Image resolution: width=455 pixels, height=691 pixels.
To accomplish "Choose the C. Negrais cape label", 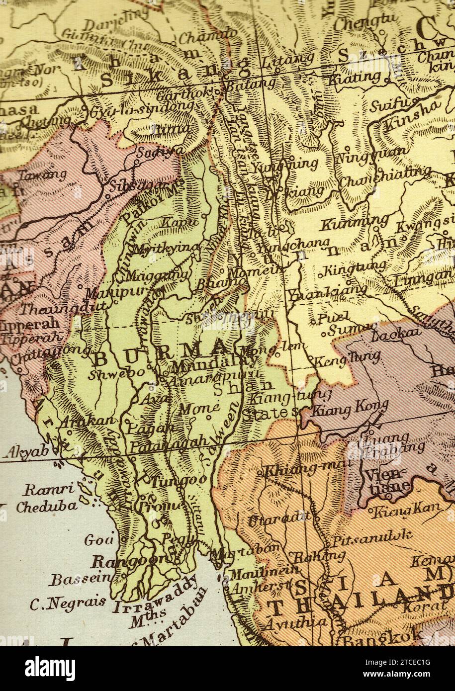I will pos(68,603).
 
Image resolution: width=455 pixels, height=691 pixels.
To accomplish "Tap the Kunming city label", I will pos(354,222).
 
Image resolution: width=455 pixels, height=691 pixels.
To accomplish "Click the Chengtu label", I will pos(360,22).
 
